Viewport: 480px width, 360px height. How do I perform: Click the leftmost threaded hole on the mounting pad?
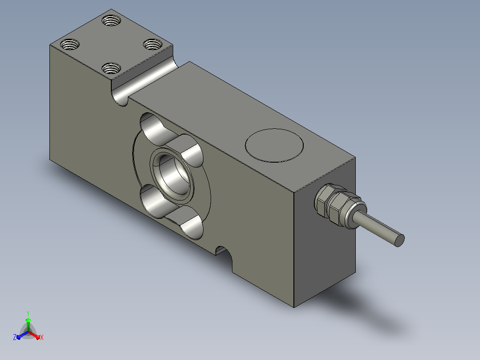pyautogui.click(x=70, y=45)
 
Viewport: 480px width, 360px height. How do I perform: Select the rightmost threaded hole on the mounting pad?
pyautogui.click(x=153, y=45)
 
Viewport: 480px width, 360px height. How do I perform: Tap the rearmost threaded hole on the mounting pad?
pyautogui.click(x=111, y=21)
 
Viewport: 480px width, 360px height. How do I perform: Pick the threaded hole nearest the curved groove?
pyautogui.click(x=111, y=68)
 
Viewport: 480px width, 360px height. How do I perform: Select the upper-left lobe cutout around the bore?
pyautogui.click(x=155, y=129)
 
